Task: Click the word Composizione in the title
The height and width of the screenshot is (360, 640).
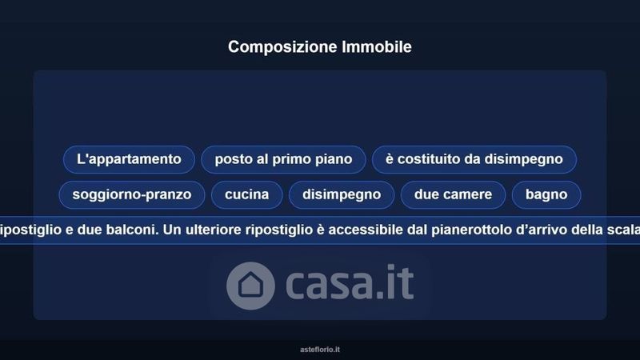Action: (x=282, y=47)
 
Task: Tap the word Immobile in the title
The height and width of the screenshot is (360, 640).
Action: (x=377, y=46)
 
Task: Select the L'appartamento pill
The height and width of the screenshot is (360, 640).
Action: (x=129, y=159)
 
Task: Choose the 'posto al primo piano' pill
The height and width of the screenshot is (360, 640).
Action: (x=283, y=159)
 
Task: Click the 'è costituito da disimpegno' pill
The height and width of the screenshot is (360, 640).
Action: (x=474, y=159)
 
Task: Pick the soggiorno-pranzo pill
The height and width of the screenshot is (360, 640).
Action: (x=132, y=194)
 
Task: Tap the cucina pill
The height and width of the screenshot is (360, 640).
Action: (x=247, y=194)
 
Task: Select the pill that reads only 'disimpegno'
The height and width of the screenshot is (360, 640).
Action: (x=342, y=194)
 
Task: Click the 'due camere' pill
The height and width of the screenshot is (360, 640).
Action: (x=453, y=194)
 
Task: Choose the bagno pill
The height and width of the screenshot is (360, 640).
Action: (x=546, y=194)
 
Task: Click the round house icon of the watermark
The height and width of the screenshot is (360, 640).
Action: (x=250, y=286)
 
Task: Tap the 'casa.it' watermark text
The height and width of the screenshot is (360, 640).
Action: (x=350, y=282)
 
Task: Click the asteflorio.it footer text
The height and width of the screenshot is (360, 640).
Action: (x=320, y=350)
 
